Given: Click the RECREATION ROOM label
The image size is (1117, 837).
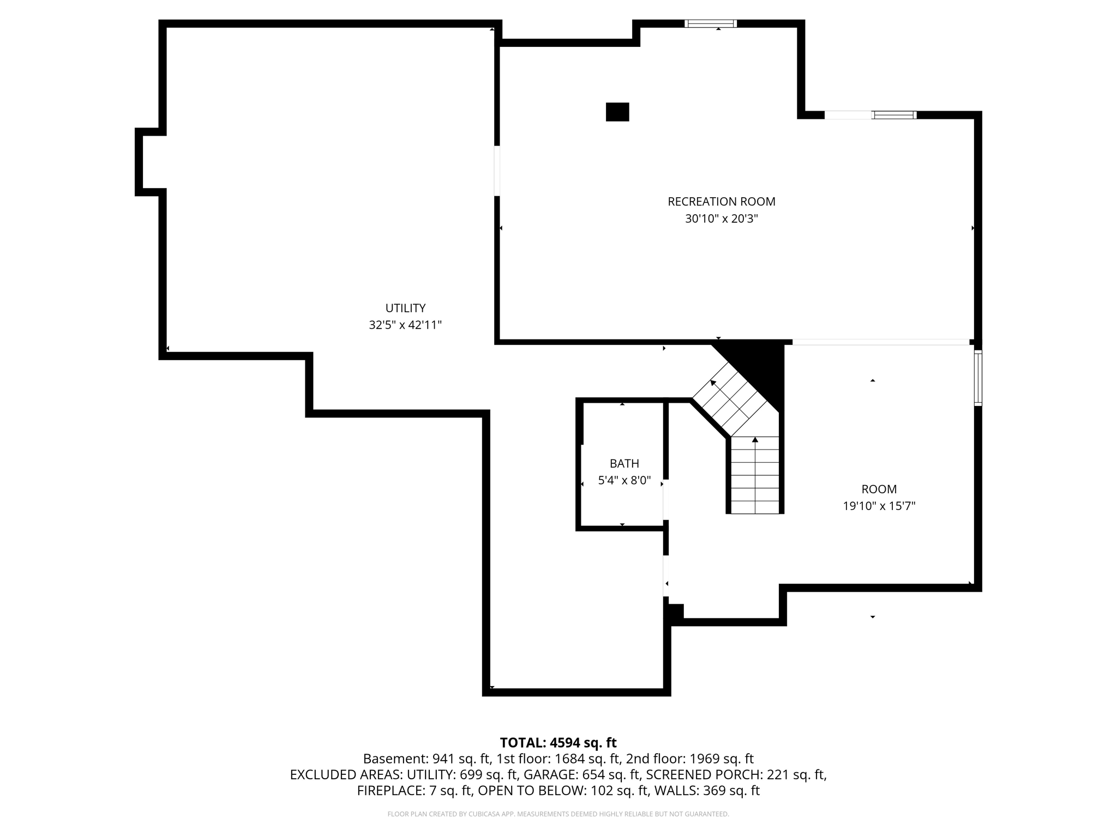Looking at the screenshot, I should click(x=721, y=202).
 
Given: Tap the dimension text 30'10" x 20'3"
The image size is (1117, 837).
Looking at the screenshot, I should click(x=721, y=219).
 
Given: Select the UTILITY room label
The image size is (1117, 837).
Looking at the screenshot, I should click(x=405, y=308).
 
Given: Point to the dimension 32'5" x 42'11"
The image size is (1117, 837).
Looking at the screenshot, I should click(x=405, y=325).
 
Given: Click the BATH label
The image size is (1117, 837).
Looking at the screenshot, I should click(x=624, y=464).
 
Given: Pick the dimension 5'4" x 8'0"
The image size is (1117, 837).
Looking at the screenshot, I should click(x=624, y=481).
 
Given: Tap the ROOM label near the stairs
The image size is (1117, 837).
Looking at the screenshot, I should click(x=879, y=489).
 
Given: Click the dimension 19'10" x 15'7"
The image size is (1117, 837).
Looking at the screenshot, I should click(x=879, y=506).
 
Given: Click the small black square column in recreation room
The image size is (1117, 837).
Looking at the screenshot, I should click(x=617, y=112).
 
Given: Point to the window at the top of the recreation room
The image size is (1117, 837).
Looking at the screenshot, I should click(x=711, y=23).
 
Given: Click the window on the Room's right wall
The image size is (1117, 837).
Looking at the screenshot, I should click(x=978, y=378).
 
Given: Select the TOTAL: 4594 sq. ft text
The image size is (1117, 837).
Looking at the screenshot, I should click(x=558, y=743).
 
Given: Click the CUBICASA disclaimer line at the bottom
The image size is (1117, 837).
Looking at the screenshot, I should click(x=558, y=814).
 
